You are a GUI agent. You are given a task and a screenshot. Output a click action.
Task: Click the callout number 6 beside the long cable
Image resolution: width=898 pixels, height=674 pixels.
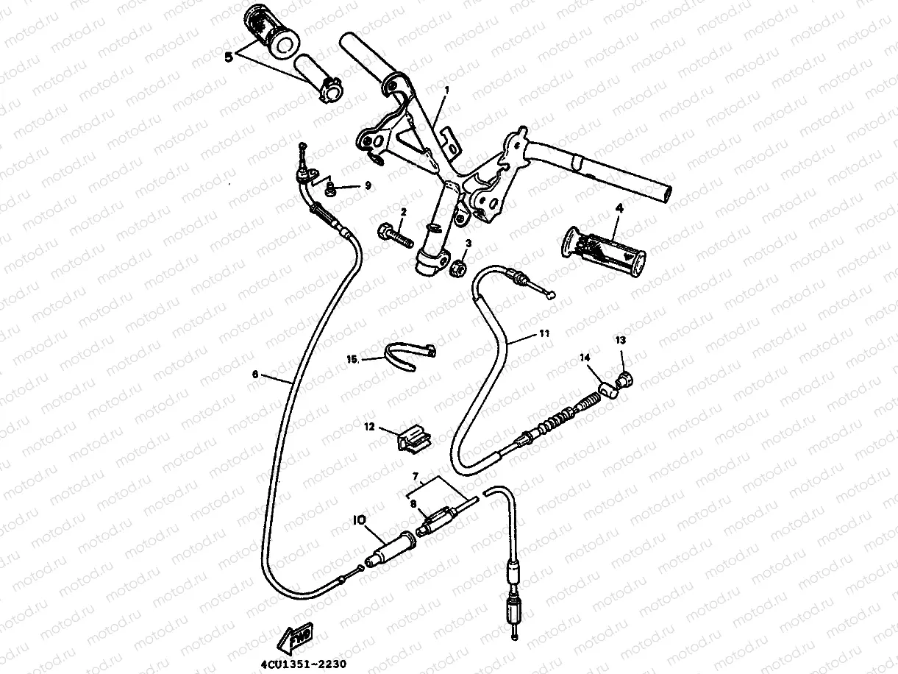[254, 374]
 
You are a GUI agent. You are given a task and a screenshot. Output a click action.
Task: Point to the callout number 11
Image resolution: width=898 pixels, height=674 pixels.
[544, 333]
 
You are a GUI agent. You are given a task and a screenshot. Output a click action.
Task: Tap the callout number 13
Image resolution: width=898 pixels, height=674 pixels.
[620, 340]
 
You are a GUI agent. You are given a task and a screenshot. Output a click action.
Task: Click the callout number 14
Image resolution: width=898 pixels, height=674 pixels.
[585, 358]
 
